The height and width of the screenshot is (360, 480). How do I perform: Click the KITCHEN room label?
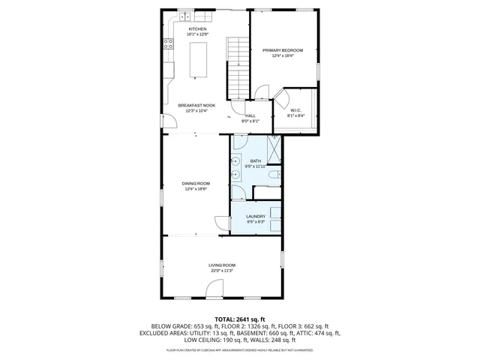coord(197,28)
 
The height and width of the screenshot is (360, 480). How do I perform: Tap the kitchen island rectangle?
coord(199,60)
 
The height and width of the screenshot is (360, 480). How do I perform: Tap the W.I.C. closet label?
coord(295,110)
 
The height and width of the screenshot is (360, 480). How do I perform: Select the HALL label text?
coord(250,116)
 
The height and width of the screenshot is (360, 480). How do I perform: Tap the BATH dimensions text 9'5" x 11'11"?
coord(256,166)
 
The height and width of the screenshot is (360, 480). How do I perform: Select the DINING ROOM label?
coord(196,183)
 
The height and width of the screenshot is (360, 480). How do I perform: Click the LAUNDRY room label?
coord(256,216)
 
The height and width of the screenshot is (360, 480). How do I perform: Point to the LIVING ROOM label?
coord(222,265)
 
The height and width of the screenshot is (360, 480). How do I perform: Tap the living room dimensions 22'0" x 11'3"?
coord(222,270)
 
